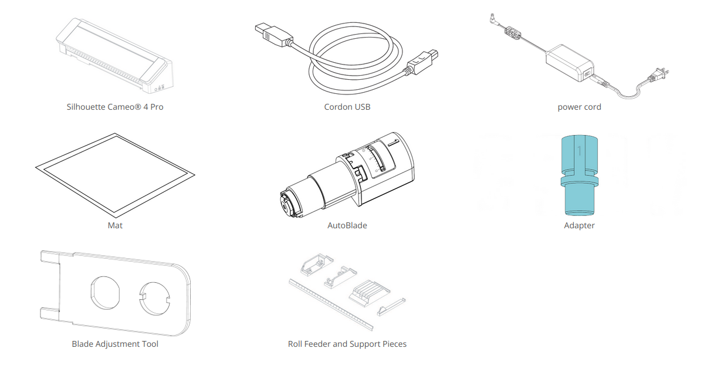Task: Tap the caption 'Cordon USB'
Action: pos(347,107)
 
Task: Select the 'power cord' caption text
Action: pos(579,107)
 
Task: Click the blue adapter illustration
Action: pos(579,176)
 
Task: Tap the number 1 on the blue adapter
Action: pos(579,151)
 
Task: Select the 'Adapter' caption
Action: pos(579,225)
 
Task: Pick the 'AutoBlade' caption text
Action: pos(347,225)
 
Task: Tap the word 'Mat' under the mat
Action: pos(115,225)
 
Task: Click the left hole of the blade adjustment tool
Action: pos(105,292)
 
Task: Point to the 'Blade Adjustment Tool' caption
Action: pos(115,344)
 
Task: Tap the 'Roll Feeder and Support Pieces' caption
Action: pos(347,344)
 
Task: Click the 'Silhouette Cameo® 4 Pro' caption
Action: pos(115,107)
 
